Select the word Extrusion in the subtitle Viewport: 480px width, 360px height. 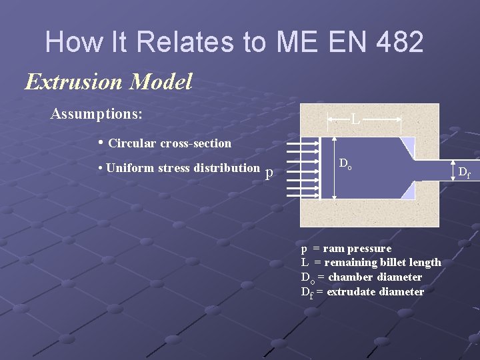click(x=75, y=82)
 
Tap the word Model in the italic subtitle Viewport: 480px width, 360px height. click(x=162, y=82)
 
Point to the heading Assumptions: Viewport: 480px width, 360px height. click(x=97, y=114)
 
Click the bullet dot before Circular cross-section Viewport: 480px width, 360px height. click(x=101, y=143)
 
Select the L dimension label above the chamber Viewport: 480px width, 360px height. click(x=356, y=121)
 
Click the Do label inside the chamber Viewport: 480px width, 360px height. click(x=345, y=163)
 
